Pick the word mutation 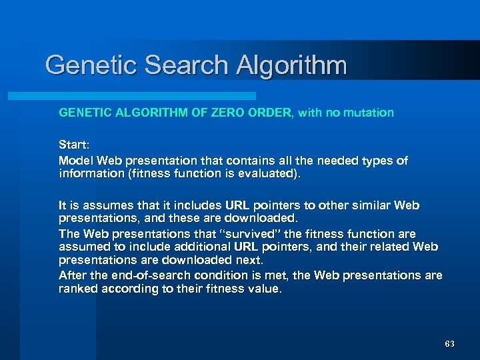point(367,113)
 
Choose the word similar point(368,205)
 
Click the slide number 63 point(449,344)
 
